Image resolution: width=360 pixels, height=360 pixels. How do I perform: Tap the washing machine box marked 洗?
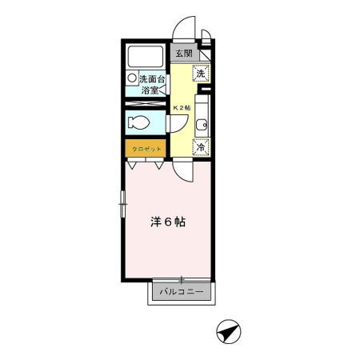[202, 73]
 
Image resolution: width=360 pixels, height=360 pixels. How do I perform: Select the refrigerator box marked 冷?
[202, 147]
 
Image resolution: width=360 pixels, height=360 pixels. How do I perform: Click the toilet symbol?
[138, 124]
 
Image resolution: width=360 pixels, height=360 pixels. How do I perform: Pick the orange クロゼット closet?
[146, 149]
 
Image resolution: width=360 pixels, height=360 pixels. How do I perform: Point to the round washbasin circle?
[131, 79]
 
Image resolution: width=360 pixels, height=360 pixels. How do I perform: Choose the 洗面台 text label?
[152, 79]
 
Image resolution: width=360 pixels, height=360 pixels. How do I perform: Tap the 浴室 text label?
[150, 90]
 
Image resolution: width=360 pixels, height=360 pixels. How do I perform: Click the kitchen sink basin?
[202, 124]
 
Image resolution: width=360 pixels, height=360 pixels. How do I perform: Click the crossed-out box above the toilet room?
[145, 104]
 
